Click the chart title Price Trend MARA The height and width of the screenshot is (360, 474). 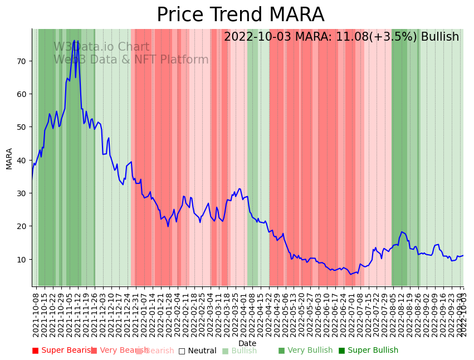[240, 15]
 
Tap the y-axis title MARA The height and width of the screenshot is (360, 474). [9, 158]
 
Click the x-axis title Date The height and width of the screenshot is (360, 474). [247, 343]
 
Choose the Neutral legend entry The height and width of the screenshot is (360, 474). [197, 351]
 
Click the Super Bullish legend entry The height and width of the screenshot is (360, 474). [368, 351]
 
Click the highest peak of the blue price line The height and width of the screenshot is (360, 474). [74, 41]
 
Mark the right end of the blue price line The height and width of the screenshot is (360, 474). [463, 255]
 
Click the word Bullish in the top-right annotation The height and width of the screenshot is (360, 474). [440, 37]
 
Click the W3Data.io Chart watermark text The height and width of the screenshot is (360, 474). [101, 47]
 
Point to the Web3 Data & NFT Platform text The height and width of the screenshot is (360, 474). [131, 60]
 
